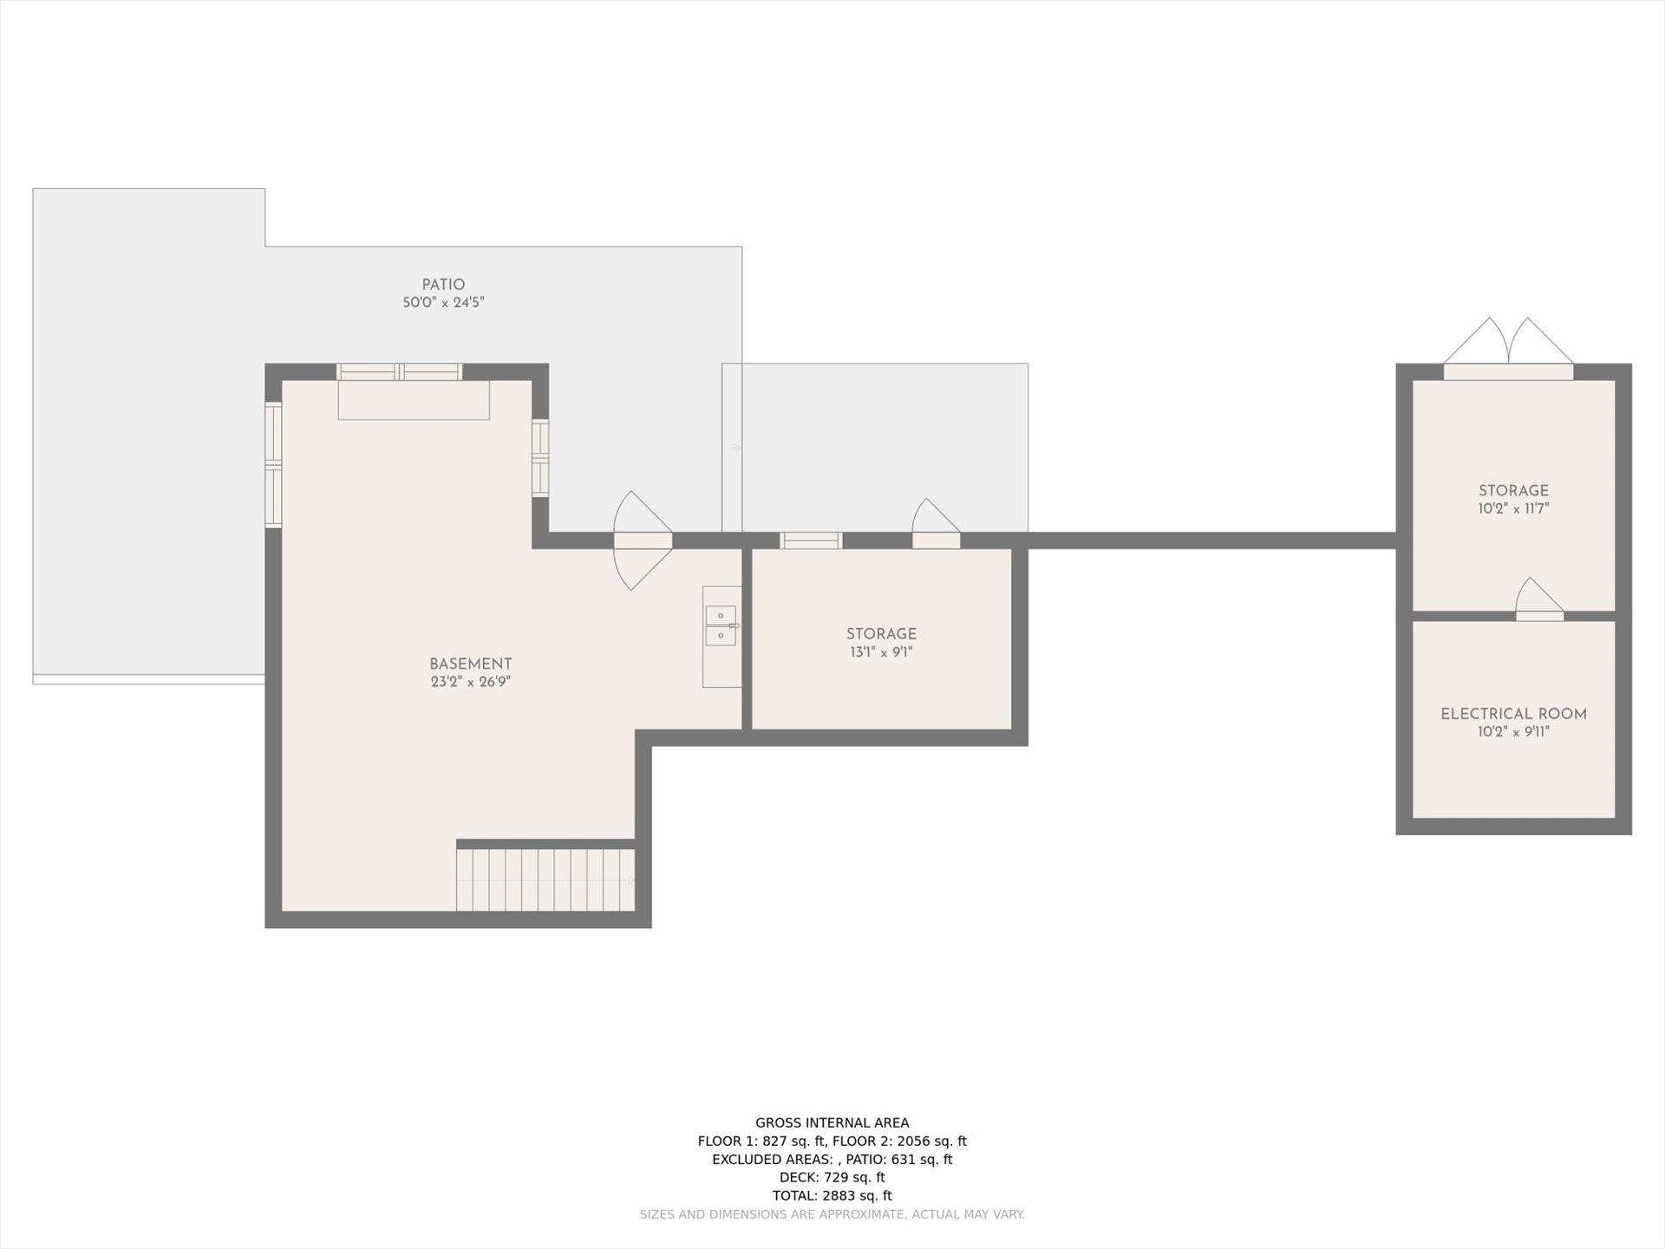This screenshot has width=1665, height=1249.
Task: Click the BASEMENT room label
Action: (x=470, y=664)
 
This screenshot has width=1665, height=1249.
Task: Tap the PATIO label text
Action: (x=443, y=284)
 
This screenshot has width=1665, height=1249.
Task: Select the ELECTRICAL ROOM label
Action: (x=1513, y=714)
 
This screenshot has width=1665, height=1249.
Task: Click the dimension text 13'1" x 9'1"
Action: (x=881, y=652)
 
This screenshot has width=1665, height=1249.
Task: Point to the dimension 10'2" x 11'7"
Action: (x=1513, y=508)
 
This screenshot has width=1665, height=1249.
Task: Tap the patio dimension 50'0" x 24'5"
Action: (x=443, y=303)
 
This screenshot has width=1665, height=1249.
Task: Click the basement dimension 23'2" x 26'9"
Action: (x=470, y=682)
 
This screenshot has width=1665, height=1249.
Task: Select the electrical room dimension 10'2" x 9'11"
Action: (x=1513, y=732)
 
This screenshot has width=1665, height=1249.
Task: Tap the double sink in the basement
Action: (x=721, y=625)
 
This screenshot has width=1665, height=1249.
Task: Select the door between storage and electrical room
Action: (x=1540, y=599)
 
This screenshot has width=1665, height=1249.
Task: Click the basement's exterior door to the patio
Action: (x=643, y=540)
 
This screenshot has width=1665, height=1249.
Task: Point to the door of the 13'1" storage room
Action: (x=936, y=524)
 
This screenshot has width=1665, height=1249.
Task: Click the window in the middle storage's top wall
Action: (x=811, y=540)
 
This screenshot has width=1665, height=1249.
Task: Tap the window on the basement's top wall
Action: (x=399, y=372)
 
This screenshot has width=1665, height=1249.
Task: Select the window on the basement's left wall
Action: (x=273, y=465)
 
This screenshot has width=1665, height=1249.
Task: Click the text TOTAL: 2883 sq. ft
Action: (x=832, y=1195)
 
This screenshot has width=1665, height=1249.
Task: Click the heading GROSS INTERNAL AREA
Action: (x=832, y=1123)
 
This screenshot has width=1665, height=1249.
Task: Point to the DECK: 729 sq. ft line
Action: (x=832, y=1177)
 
